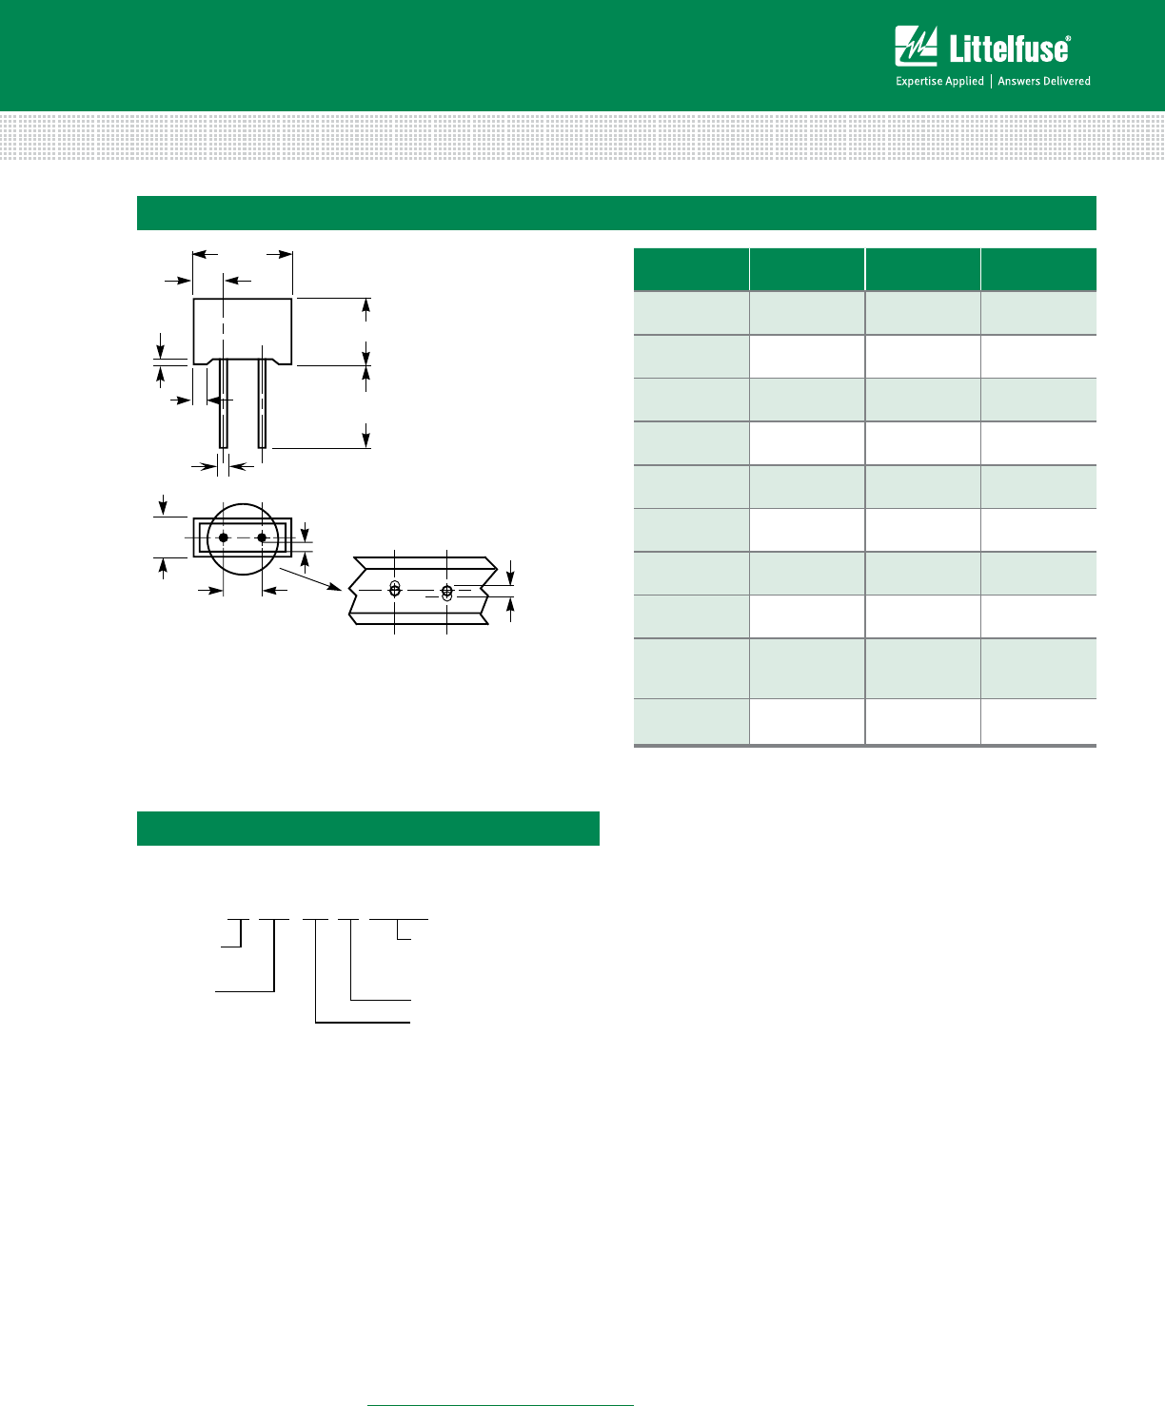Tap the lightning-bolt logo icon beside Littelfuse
tap(917, 47)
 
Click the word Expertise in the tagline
tap(918, 81)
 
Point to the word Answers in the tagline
tap(1018, 81)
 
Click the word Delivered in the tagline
tap(1067, 81)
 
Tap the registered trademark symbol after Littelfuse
tap(1067, 38)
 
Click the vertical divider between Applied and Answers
tap(991, 81)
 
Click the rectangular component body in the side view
tap(243, 329)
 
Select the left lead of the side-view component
tap(224, 403)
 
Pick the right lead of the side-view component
tap(262, 403)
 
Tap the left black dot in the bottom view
tap(224, 537)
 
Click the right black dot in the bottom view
tap(262, 537)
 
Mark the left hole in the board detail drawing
tap(395, 590)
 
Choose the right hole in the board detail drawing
tap(446, 592)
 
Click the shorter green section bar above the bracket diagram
tap(368, 829)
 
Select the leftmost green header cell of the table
tap(691, 269)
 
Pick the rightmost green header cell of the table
tap(1038, 269)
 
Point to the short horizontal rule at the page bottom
tap(501, 1404)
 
